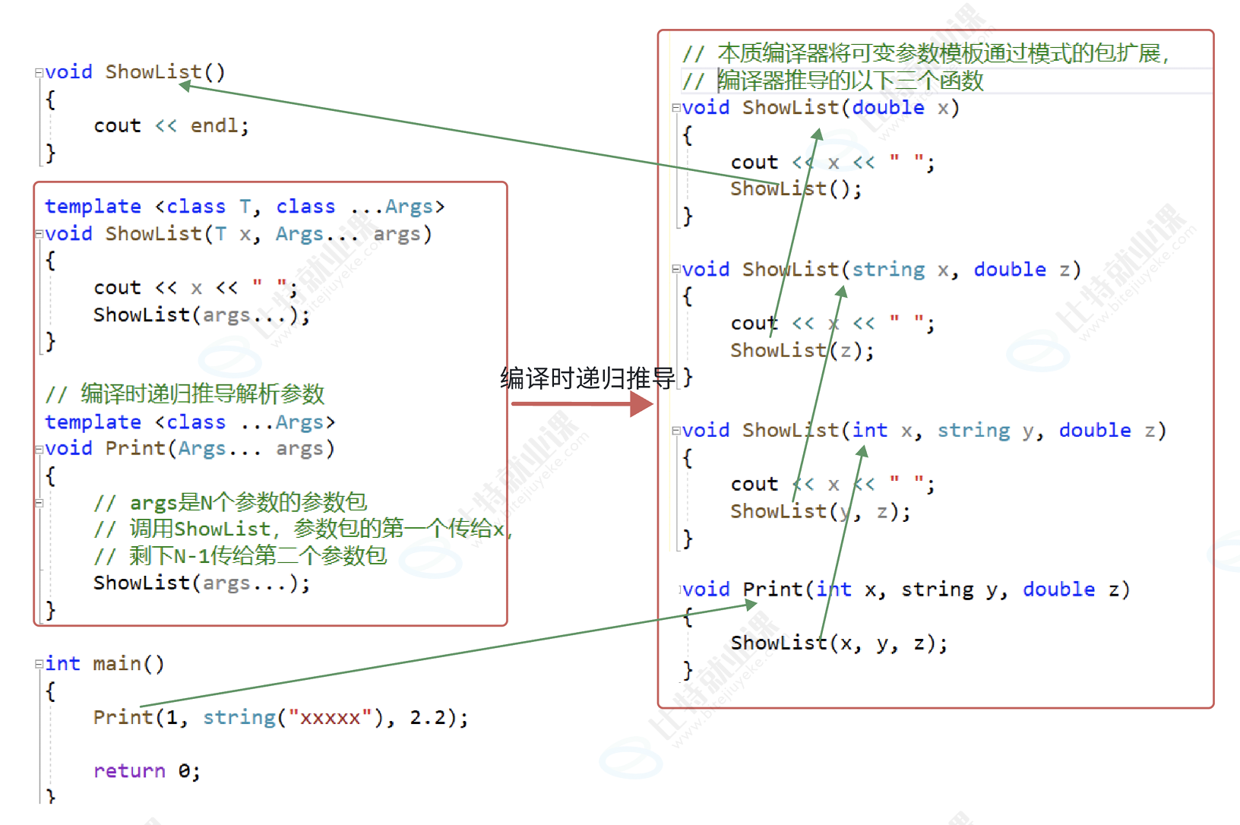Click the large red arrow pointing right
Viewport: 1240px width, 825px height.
(x=582, y=404)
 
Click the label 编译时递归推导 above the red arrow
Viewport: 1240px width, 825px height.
(x=587, y=378)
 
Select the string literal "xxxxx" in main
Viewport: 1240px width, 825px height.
(x=330, y=717)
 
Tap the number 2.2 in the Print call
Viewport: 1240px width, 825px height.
(x=428, y=717)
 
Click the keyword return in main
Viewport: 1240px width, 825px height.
(x=128, y=771)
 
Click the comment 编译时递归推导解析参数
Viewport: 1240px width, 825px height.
(x=202, y=394)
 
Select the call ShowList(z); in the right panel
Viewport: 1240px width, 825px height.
(x=802, y=350)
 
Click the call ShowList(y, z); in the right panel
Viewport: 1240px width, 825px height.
(x=820, y=511)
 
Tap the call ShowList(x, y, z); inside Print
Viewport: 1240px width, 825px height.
(x=838, y=643)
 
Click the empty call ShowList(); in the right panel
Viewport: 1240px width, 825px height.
(x=796, y=188)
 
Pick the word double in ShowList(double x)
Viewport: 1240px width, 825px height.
(x=887, y=108)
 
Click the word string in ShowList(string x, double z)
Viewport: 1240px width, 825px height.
(x=887, y=270)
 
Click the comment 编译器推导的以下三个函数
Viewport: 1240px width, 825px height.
(x=850, y=81)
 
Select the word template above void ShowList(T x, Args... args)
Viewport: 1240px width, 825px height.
(x=93, y=207)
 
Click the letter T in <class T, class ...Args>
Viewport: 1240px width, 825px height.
(x=245, y=207)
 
